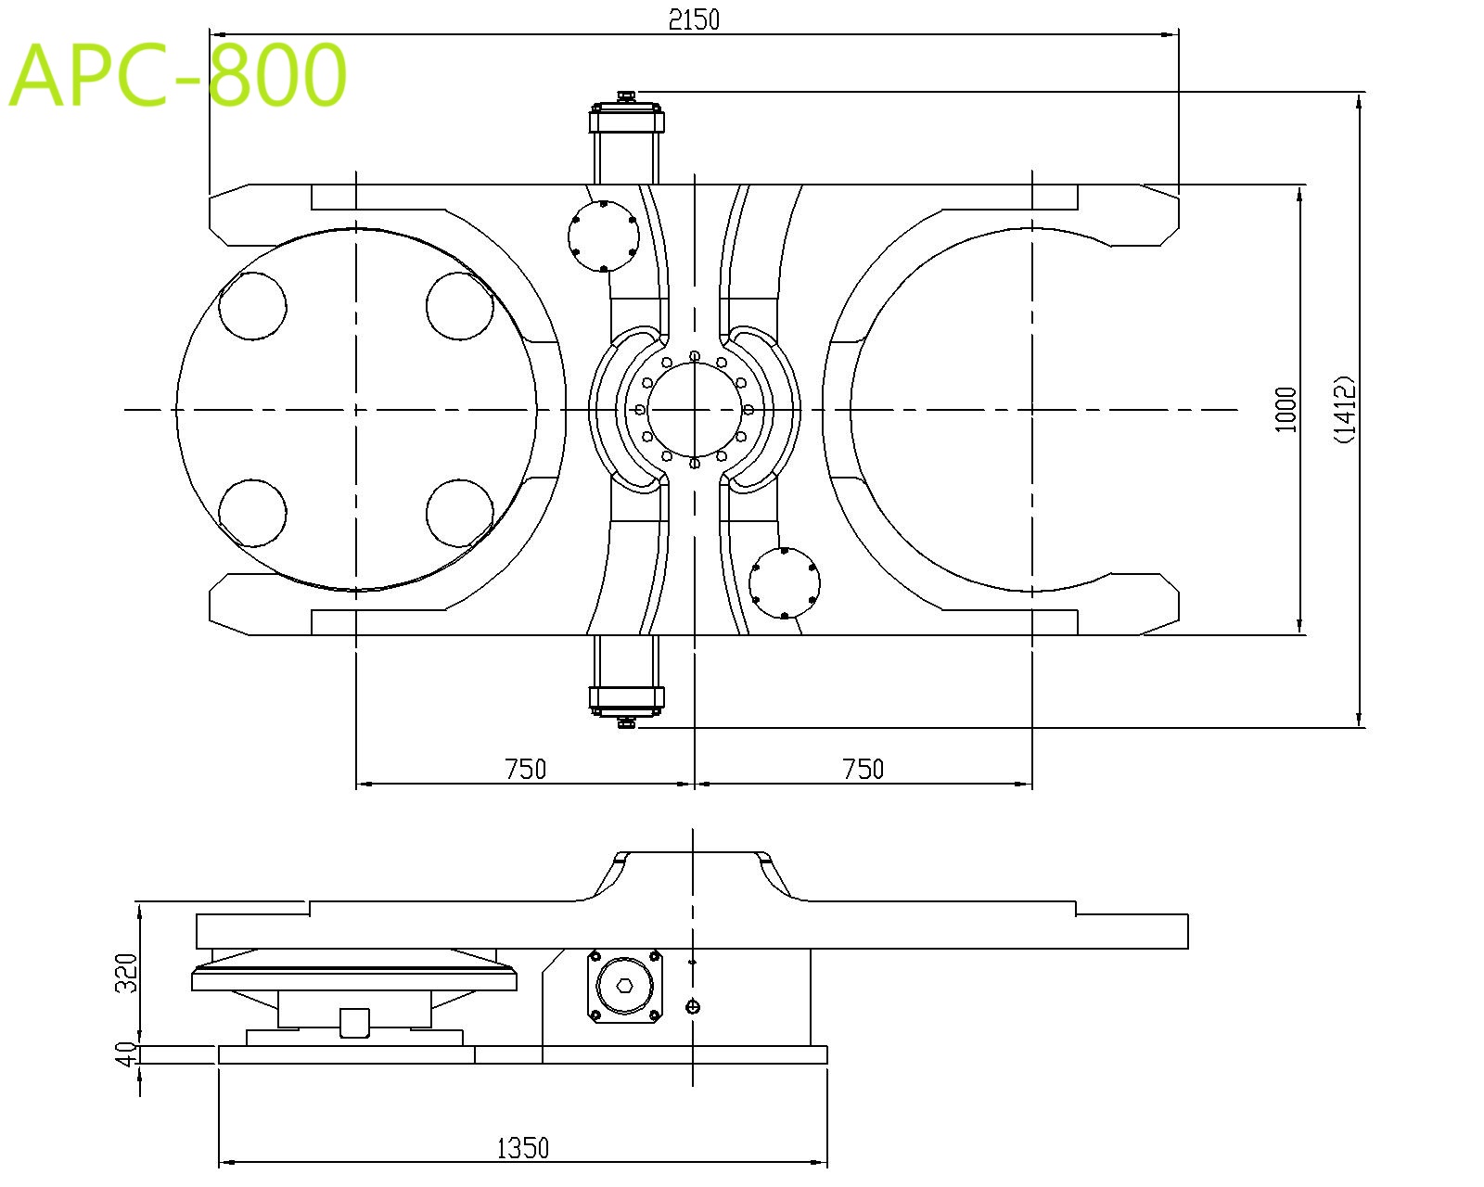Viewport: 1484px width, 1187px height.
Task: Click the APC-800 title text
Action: pos(178,75)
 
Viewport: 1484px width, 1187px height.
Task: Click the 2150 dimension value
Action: pos(694,19)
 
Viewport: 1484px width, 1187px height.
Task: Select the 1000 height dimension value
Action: pos(1285,409)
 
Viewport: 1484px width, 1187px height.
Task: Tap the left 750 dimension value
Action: pos(525,769)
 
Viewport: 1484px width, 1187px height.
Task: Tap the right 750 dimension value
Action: pos(863,769)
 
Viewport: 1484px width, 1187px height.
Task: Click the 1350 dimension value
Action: pos(523,1148)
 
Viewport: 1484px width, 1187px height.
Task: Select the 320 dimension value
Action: pos(126,972)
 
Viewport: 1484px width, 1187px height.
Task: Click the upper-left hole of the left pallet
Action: pos(252,307)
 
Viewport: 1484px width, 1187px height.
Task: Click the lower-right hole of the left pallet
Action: pos(460,513)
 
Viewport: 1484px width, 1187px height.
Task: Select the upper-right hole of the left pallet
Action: pos(460,307)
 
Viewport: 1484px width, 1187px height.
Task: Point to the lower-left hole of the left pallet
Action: pos(252,513)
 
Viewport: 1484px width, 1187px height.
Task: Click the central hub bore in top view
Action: pos(694,409)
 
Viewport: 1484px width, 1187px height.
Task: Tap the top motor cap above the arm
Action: pos(627,120)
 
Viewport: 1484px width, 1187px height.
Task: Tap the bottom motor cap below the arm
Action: pos(627,698)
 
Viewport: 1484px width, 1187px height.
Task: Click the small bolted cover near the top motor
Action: pos(603,236)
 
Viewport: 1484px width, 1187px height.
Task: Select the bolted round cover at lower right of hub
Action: pos(785,583)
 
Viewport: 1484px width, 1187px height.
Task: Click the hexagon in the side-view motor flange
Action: pos(625,984)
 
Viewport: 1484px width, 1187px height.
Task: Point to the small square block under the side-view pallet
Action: pos(355,1023)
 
